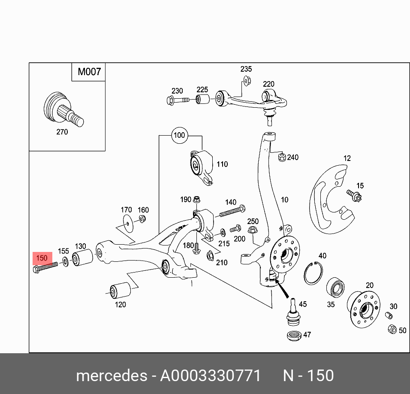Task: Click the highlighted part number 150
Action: pos(42,258)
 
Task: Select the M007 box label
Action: pos(89,72)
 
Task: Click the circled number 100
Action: pos(179,135)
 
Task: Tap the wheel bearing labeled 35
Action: pos(335,288)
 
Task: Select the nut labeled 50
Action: pos(392,330)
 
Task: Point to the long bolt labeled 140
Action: pos(232,211)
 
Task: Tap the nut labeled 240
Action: pos(281,158)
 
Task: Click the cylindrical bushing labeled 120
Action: pos(121,291)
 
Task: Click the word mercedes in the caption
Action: pos(111,376)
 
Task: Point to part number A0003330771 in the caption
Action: pos(210,376)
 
